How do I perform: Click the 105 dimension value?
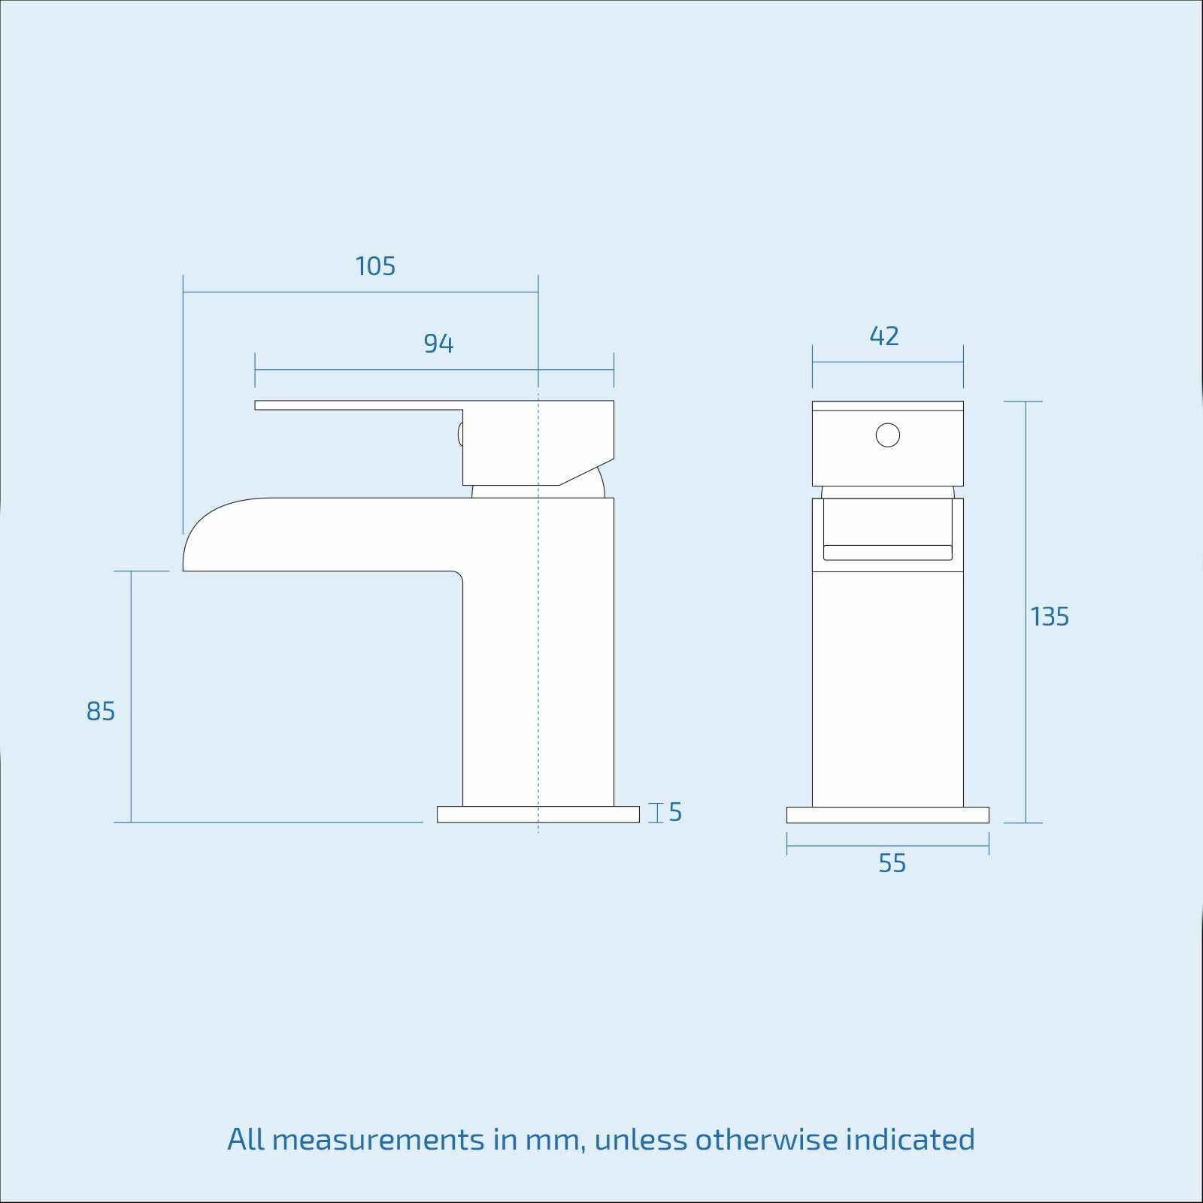click(x=375, y=266)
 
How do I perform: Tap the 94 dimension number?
click(x=438, y=344)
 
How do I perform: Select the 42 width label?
click(x=884, y=336)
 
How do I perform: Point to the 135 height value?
click(x=1050, y=617)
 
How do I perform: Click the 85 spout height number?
click(x=101, y=711)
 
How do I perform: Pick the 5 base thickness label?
click(x=674, y=813)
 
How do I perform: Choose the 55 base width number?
click(x=892, y=864)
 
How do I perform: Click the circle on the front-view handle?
click(x=888, y=435)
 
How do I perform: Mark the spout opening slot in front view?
click(x=887, y=553)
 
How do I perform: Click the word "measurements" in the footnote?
click(x=378, y=1140)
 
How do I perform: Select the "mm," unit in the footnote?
click(x=556, y=1140)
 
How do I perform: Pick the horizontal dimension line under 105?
click(x=361, y=292)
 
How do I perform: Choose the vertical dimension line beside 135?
click(x=1026, y=526)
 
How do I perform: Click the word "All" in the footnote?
click(x=246, y=1140)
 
